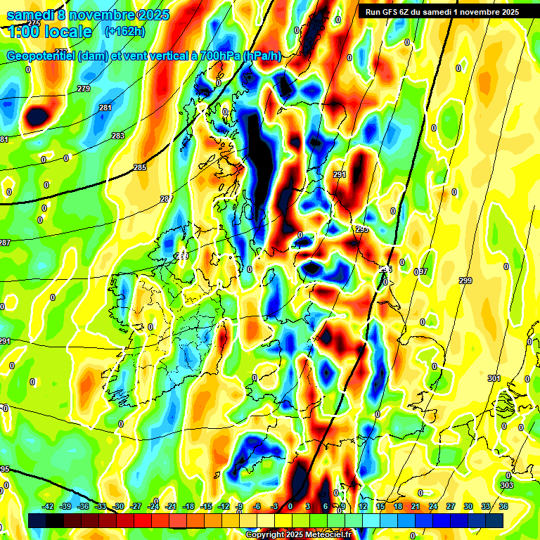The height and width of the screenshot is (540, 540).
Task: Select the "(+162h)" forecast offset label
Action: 125,31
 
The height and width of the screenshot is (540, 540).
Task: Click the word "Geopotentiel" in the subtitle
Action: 40,56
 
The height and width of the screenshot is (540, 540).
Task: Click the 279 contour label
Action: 84,89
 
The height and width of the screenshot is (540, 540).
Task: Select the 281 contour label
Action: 105,108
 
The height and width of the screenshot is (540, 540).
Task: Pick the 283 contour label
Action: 118,136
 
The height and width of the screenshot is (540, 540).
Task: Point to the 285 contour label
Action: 140,167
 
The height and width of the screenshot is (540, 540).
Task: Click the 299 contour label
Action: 465,281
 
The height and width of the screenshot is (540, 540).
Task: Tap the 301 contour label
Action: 494,378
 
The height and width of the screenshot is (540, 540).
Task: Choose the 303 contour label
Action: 508,485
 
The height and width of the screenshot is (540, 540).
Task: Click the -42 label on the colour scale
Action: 49,506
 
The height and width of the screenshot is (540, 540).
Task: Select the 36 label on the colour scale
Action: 503,506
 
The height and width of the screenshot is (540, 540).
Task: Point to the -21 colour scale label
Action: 172,506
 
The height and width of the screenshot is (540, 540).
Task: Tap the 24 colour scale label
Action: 433,506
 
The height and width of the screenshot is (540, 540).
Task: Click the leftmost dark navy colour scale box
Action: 37,520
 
